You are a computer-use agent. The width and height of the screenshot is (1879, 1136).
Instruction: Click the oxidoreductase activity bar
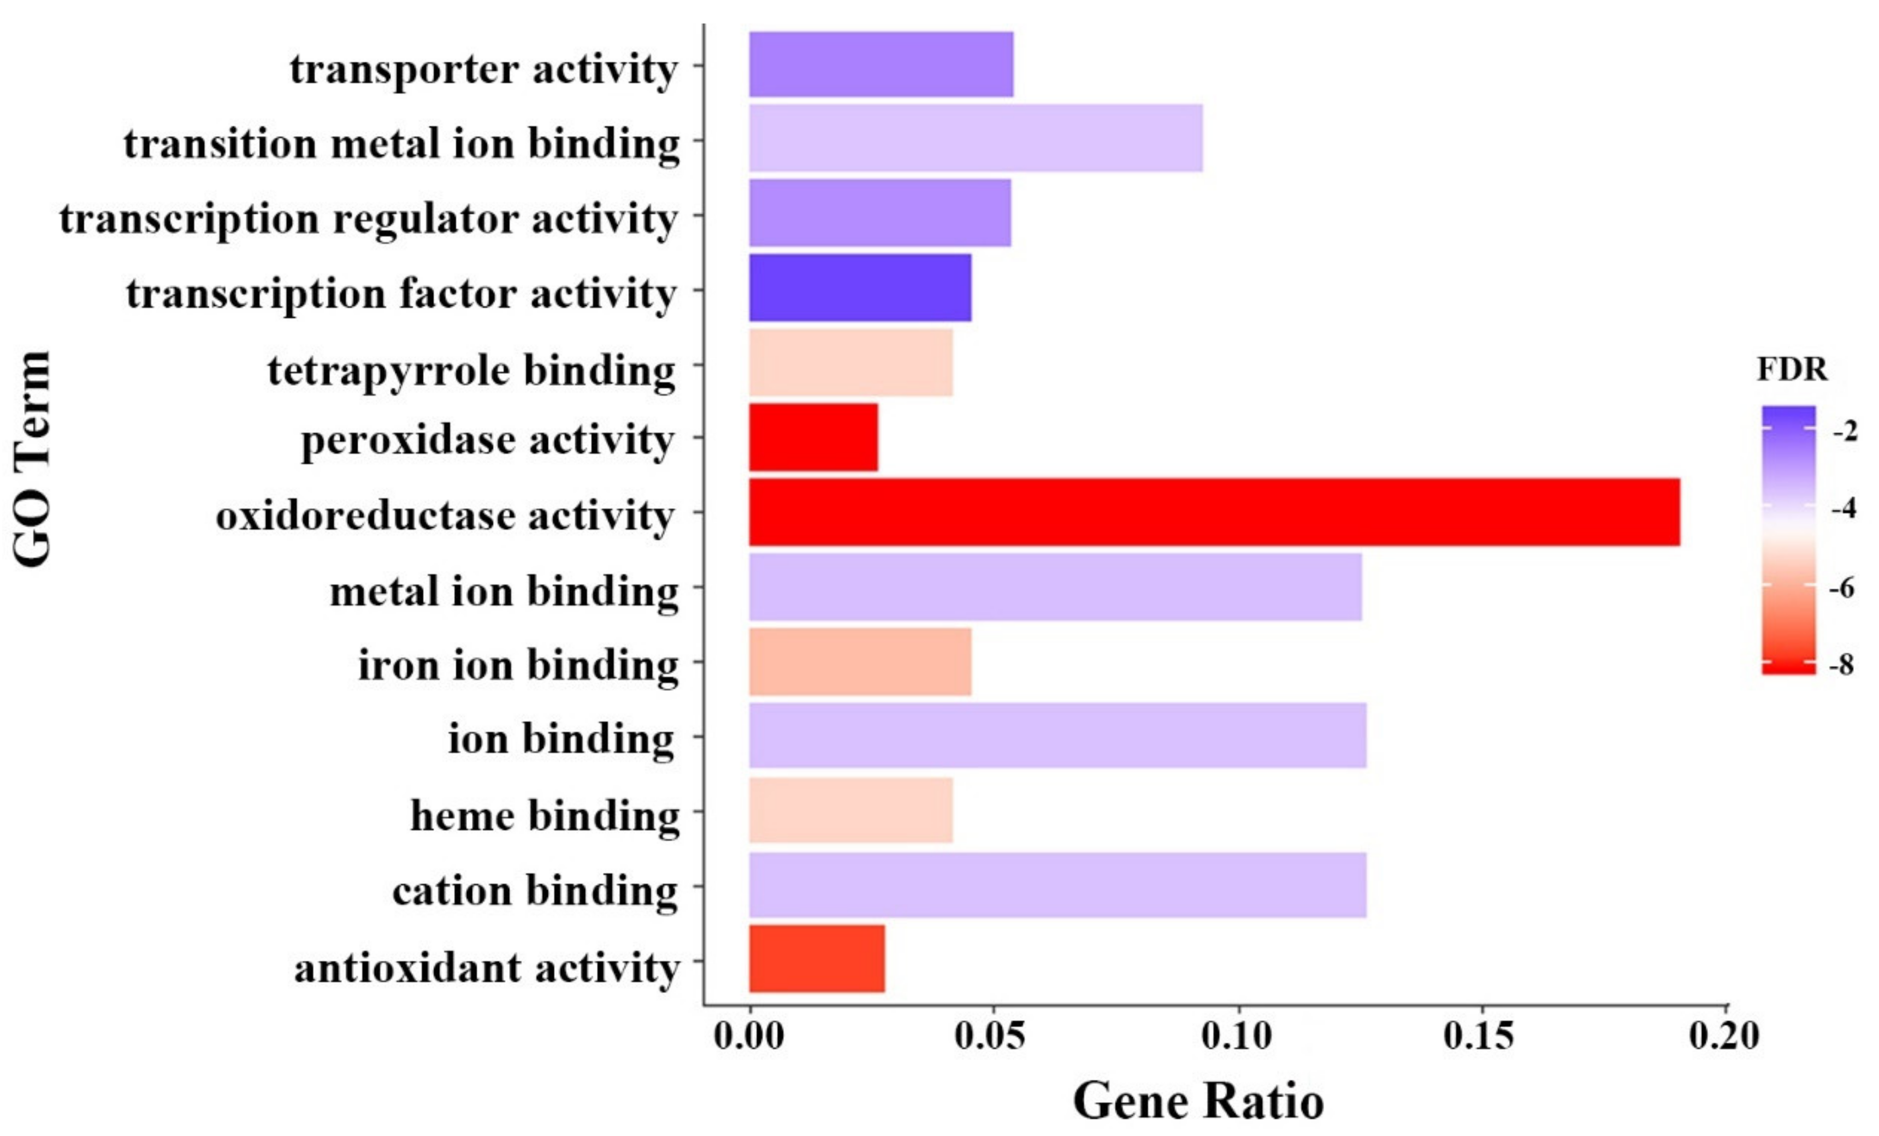click(x=1214, y=512)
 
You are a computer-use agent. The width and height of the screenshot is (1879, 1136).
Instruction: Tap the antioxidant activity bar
click(x=817, y=959)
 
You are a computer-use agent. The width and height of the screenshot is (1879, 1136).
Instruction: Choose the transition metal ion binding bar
click(x=976, y=139)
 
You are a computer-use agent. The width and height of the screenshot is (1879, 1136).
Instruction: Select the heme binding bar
click(x=850, y=810)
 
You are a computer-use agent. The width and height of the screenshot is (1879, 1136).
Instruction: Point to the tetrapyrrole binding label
click(x=471, y=371)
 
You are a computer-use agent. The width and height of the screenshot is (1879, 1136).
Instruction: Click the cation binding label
click(x=535, y=890)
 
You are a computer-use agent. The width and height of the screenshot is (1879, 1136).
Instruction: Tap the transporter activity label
click(x=483, y=69)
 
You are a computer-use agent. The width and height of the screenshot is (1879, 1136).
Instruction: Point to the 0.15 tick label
click(x=1479, y=1036)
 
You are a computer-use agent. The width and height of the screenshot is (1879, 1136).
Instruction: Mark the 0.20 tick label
click(x=1723, y=1036)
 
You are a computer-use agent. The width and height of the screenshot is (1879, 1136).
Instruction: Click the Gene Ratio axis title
click(x=1199, y=1101)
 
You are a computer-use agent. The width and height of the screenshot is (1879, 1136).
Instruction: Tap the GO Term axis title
click(x=32, y=459)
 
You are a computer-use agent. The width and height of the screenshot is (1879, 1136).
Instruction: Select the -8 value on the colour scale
click(x=1842, y=665)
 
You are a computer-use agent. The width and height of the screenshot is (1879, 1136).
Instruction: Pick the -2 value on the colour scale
click(x=1845, y=431)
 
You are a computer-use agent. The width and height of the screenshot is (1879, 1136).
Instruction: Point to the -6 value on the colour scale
click(x=1842, y=587)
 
